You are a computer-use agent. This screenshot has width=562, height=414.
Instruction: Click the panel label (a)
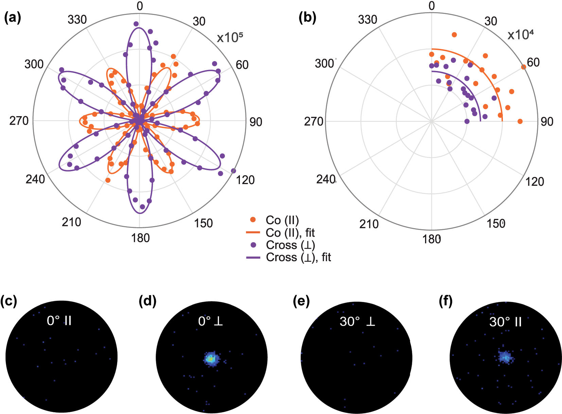click(13, 18)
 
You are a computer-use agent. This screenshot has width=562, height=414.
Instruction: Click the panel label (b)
click(307, 18)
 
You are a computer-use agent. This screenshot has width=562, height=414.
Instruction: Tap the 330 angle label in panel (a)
click(77, 20)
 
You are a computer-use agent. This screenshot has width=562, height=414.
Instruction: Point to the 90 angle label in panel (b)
click(547, 122)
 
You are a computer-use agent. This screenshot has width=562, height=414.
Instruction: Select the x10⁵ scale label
click(230, 38)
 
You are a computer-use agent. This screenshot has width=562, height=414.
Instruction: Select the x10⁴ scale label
click(520, 35)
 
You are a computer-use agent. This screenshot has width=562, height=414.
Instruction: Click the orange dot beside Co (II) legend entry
click(253, 220)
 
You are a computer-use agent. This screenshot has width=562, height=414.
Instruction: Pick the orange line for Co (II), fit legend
click(253, 233)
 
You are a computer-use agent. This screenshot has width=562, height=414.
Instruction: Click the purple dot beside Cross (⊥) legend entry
click(253, 245)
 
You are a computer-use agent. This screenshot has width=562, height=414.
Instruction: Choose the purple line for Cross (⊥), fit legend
click(253, 257)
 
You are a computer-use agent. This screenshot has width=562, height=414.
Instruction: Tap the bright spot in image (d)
click(211, 358)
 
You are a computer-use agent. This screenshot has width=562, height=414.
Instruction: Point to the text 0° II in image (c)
click(59, 321)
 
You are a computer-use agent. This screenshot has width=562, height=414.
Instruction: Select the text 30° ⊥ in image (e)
click(357, 321)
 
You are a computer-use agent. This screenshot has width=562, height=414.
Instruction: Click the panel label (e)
click(301, 301)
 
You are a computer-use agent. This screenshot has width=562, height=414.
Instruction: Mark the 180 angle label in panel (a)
click(140, 238)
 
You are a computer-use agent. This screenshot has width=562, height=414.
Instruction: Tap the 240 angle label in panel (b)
click(326, 179)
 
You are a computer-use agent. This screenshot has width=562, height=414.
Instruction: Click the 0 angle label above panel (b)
click(432, 6)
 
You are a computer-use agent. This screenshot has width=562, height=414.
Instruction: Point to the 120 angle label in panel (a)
click(245, 180)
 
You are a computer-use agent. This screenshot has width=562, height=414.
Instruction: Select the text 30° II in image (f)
click(505, 322)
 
